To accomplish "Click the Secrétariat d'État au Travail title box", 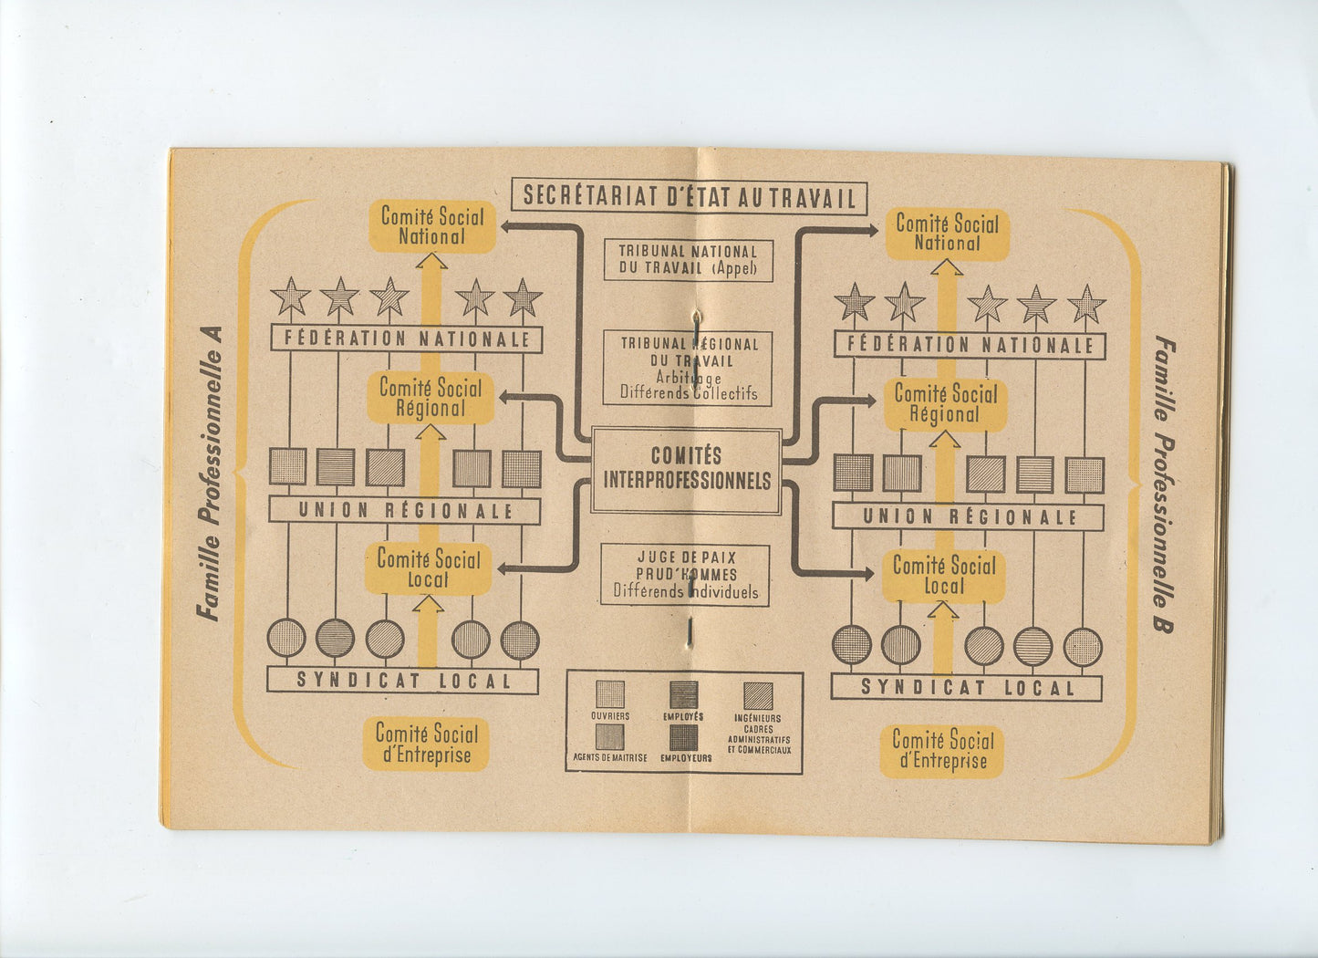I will (x=689, y=197).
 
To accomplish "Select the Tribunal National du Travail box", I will (x=689, y=260).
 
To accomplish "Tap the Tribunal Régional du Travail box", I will (x=689, y=368).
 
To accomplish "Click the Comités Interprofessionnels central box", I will (x=686, y=469).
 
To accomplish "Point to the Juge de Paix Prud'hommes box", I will (x=685, y=575).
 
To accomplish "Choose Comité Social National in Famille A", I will (x=432, y=226).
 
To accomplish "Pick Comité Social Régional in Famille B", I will (x=945, y=404).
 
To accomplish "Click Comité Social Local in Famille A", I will (x=428, y=569).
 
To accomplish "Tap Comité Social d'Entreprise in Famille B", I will (x=942, y=751).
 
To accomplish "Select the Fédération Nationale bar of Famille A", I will (x=407, y=338).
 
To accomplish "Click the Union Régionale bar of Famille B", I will (x=969, y=517).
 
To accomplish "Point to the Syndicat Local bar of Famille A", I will (x=403, y=681).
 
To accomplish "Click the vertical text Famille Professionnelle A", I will (x=210, y=474).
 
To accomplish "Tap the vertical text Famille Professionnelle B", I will (x=1165, y=484).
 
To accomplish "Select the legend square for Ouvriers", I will (x=610, y=694).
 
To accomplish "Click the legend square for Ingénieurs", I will (x=757, y=696).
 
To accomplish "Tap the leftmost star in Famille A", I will (x=290, y=297).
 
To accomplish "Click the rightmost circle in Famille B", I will (x=1083, y=647).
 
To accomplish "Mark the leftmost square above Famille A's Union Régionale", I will (x=288, y=467).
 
